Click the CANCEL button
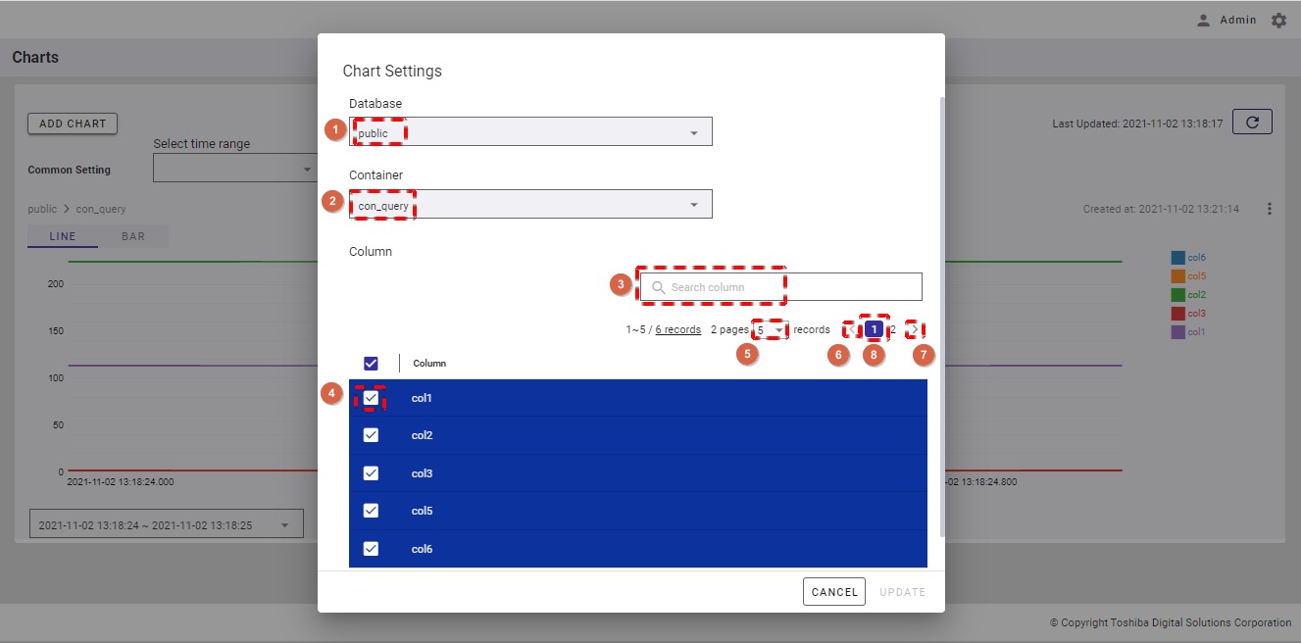(x=834, y=591)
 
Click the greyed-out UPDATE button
(x=902, y=592)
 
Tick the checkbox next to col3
(x=371, y=472)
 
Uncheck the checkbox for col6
(x=371, y=548)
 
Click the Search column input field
(x=780, y=287)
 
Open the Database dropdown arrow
(x=693, y=133)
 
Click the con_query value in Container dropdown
(x=383, y=206)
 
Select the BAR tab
(x=133, y=236)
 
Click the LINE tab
(x=62, y=236)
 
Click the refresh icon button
(x=1252, y=122)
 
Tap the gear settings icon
(x=1278, y=21)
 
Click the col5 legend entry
(x=1188, y=275)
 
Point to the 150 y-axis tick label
(x=56, y=331)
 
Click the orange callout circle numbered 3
(x=621, y=284)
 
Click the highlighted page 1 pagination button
(x=874, y=329)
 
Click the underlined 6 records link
(x=677, y=329)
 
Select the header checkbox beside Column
(x=371, y=363)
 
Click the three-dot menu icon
(x=1270, y=209)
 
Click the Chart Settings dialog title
(x=392, y=71)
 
